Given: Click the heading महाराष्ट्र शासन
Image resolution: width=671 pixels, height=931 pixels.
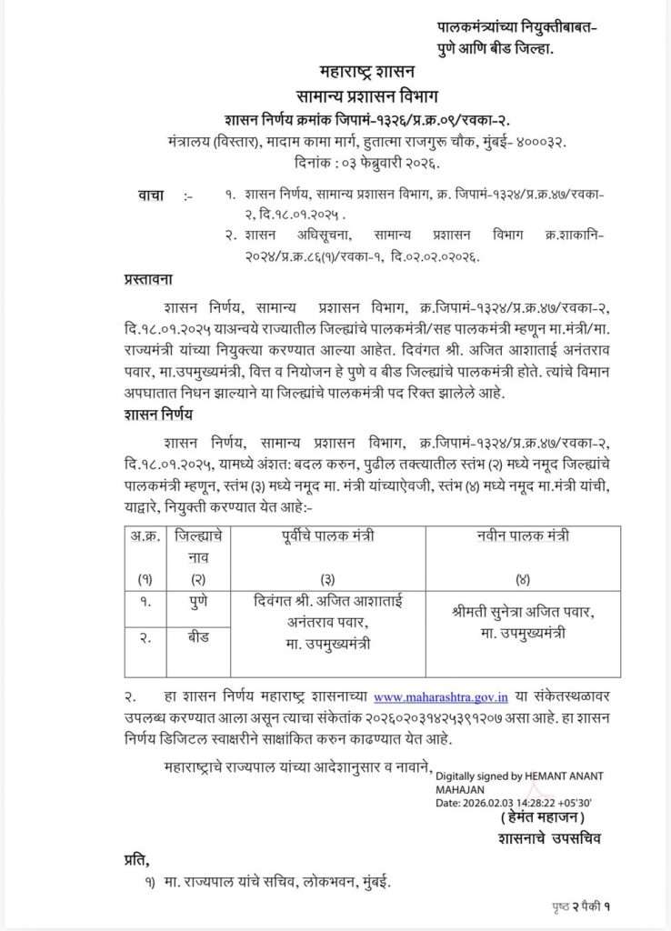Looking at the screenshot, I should pyautogui.click(x=366, y=70).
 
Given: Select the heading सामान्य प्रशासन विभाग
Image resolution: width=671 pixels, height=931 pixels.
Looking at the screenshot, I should pyautogui.click(x=366, y=94).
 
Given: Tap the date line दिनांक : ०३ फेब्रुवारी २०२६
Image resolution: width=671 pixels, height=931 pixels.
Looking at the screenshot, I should pyautogui.click(x=366, y=164).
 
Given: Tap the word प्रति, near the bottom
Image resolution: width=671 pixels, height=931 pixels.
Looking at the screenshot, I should pyautogui.click(x=137, y=860).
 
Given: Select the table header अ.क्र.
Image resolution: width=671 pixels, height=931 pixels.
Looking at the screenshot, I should pyautogui.click(x=142, y=537).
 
